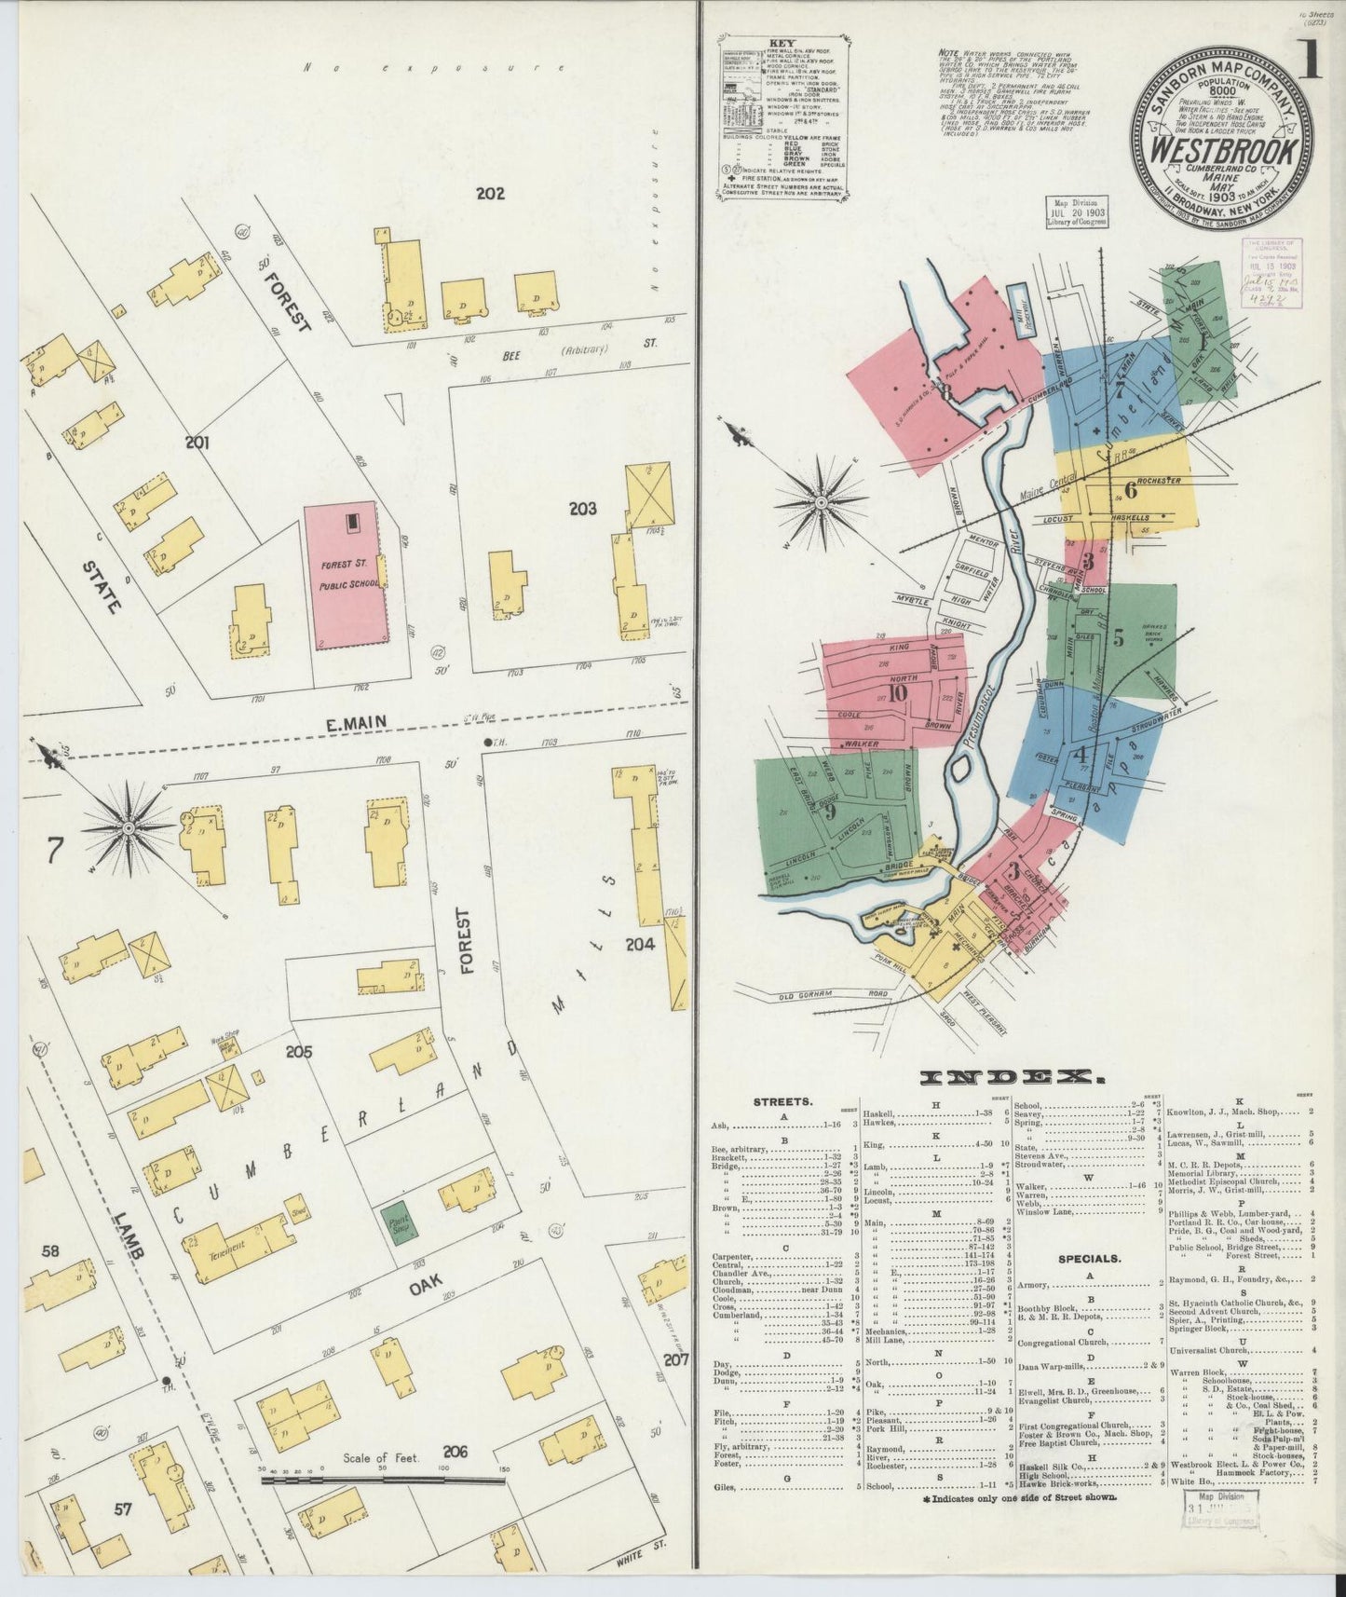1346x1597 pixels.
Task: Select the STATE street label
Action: click(x=100, y=586)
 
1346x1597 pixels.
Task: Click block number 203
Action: click(x=583, y=509)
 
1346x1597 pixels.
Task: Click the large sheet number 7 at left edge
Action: click(x=55, y=849)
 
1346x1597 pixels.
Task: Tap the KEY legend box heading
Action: click(x=780, y=43)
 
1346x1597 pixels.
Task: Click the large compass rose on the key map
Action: click(x=822, y=503)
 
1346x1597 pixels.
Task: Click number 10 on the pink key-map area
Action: click(x=898, y=692)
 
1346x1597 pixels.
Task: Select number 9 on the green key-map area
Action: click(x=827, y=809)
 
